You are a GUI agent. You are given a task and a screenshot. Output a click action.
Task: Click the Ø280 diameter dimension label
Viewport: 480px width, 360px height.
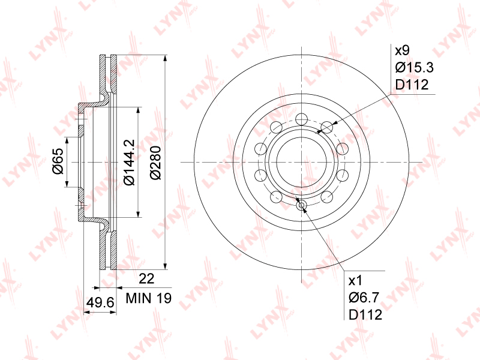click(x=156, y=163)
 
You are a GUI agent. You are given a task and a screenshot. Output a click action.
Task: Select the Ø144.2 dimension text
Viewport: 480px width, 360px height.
click(x=129, y=162)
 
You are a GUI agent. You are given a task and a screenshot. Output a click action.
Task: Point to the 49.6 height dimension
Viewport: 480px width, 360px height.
click(x=100, y=303)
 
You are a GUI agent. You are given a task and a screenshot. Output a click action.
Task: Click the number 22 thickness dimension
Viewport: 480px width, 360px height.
click(x=146, y=279)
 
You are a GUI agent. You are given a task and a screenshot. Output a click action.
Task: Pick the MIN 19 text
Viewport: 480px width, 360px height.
click(x=149, y=298)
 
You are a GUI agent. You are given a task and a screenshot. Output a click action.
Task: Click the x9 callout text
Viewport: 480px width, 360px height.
click(x=402, y=50)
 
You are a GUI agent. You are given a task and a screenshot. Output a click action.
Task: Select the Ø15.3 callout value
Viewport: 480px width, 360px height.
click(x=415, y=67)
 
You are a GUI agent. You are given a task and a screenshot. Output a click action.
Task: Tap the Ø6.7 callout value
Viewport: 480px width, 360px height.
click(x=364, y=297)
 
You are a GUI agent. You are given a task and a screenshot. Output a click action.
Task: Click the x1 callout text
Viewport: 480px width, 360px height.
click(x=355, y=280)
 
